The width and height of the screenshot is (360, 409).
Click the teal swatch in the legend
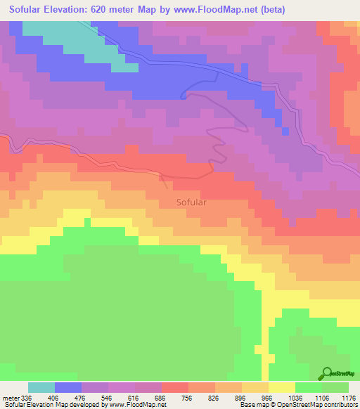pyautogui.click(x=41, y=388)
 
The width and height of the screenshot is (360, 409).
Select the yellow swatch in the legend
pyautogui.click(x=282, y=388)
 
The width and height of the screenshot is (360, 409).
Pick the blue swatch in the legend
pyautogui.click(x=68, y=388)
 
